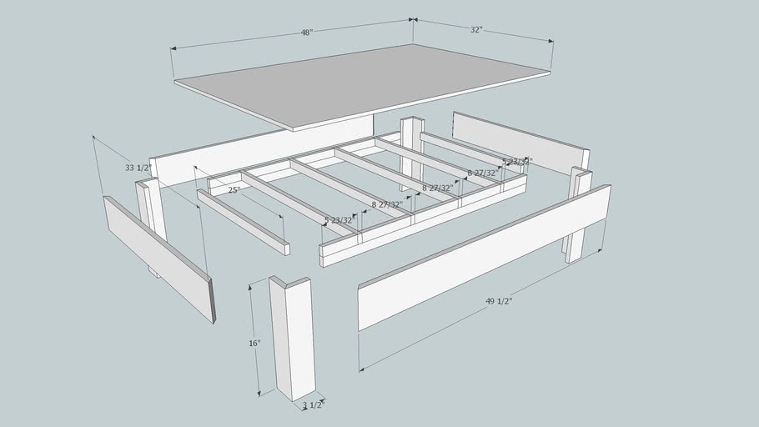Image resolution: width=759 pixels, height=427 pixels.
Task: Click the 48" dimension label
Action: click(x=306, y=33)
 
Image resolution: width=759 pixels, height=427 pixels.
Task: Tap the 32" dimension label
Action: click(x=475, y=29)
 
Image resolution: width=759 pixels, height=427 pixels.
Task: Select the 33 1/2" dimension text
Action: click(x=138, y=168)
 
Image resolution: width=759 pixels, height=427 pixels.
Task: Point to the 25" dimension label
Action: click(x=234, y=190)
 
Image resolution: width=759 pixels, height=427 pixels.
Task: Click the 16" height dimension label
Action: click(x=254, y=343)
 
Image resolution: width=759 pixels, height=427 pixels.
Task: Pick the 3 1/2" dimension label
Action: click(x=313, y=404)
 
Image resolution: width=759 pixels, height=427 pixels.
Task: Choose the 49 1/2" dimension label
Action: click(x=498, y=301)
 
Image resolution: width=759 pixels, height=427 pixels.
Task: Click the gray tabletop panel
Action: click(x=363, y=83)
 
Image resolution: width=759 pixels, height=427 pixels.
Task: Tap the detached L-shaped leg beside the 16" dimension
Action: click(x=292, y=338)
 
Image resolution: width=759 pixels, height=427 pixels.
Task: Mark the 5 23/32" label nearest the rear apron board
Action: click(x=516, y=161)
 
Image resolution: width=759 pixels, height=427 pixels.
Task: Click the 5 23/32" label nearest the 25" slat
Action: click(x=339, y=220)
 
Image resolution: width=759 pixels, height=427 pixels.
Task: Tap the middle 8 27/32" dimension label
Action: click(x=437, y=188)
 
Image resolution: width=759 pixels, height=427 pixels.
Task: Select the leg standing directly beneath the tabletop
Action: click(x=411, y=150)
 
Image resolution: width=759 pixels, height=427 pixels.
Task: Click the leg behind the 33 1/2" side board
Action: click(x=150, y=213)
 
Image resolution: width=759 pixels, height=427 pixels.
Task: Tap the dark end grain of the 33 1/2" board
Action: click(x=212, y=300)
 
